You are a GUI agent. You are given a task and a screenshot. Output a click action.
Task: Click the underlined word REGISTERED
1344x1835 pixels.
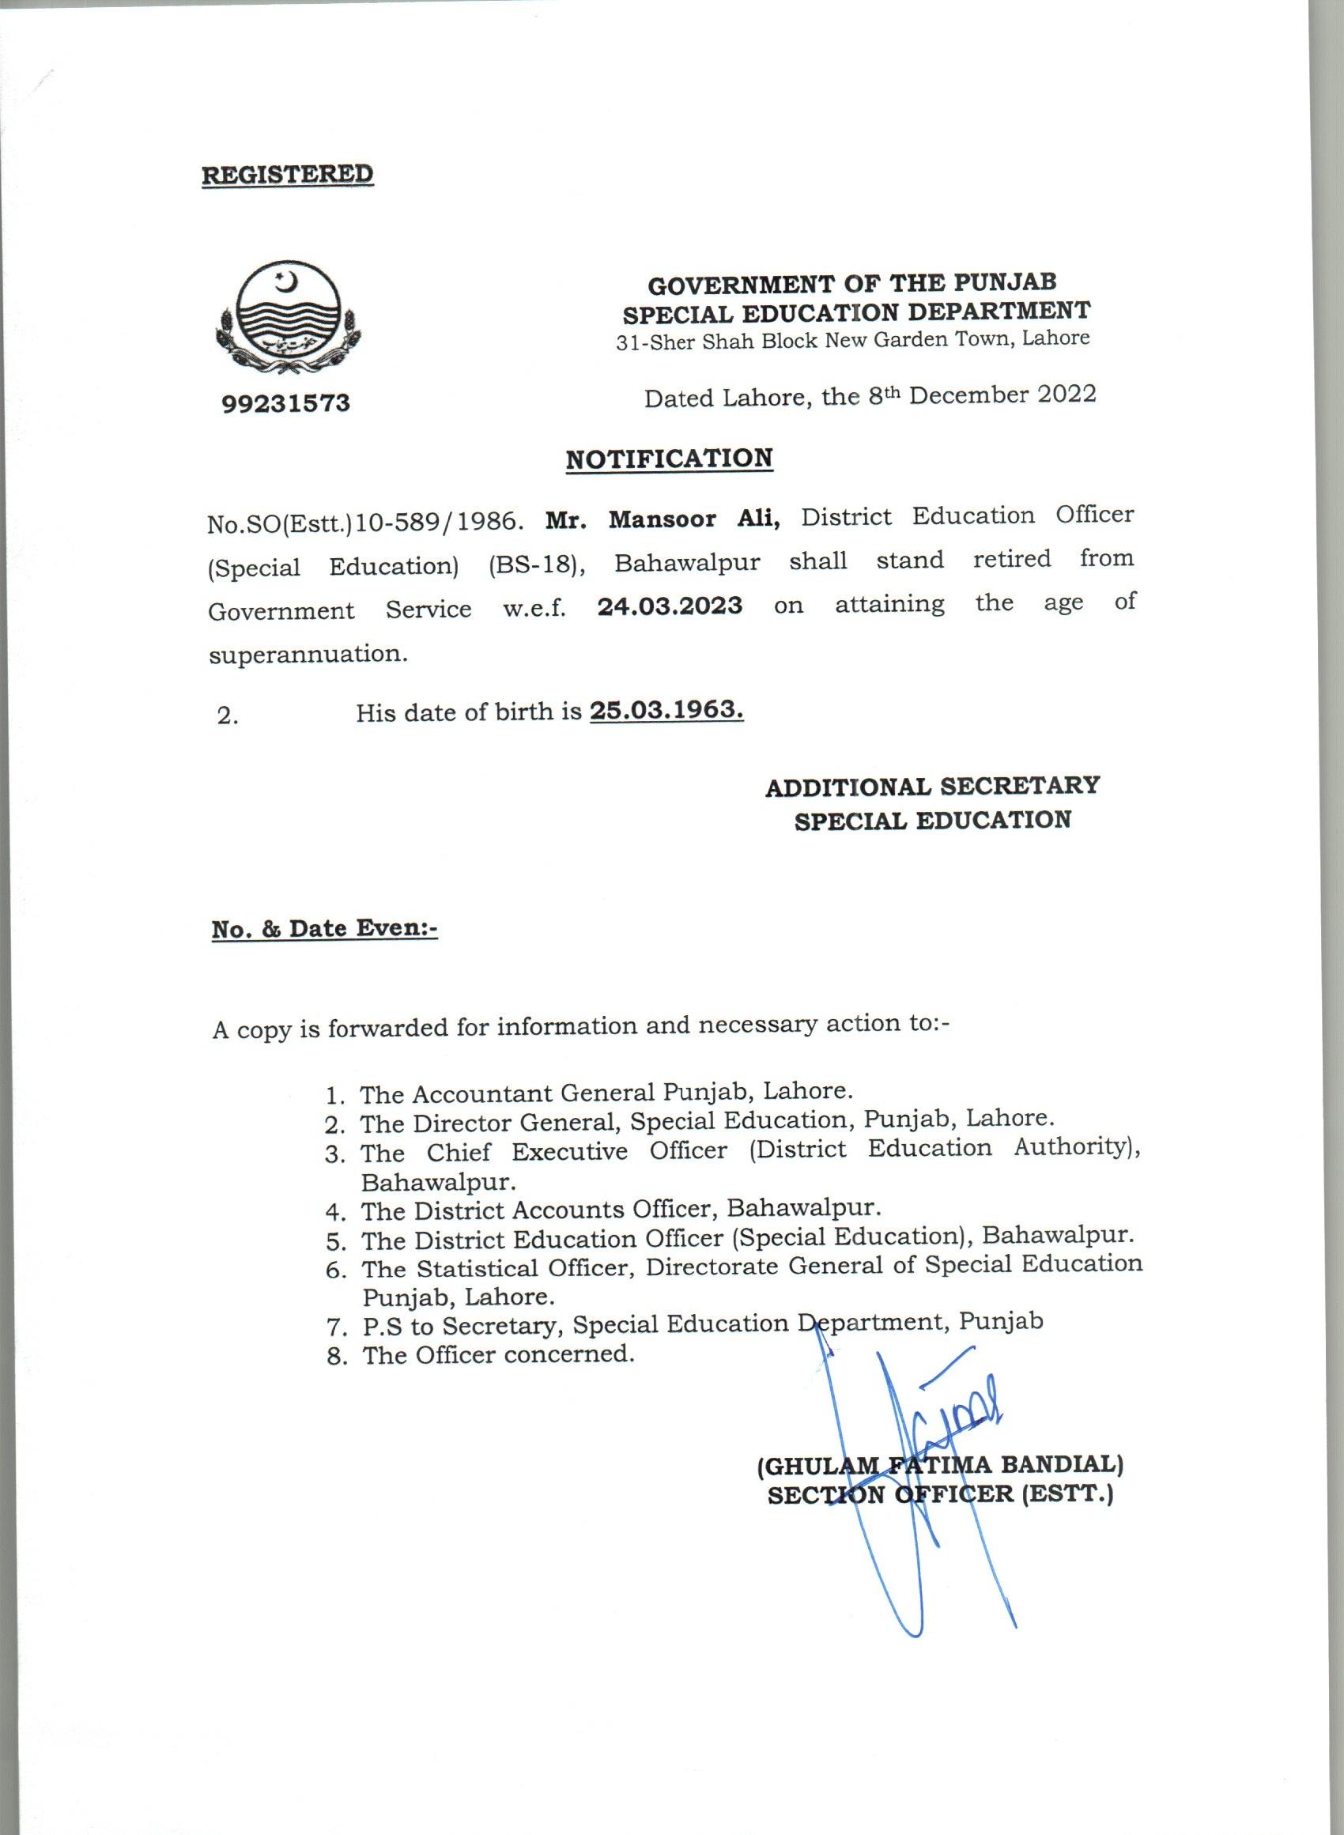tap(287, 174)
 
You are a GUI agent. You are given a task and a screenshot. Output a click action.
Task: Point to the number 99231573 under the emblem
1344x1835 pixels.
tap(285, 402)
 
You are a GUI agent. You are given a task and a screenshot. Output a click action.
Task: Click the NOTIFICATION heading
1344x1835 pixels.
tap(669, 458)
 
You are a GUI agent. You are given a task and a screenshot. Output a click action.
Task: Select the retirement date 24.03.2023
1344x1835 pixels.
tap(670, 606)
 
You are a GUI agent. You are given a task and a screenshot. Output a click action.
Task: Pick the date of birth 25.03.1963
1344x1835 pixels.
tap(666, 710)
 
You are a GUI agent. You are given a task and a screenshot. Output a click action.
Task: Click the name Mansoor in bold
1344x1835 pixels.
tap(663, 518)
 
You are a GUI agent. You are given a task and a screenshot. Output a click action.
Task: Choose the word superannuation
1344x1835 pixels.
tap(308, 654)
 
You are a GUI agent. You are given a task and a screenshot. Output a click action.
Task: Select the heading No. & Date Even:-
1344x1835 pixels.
tap(325, 929)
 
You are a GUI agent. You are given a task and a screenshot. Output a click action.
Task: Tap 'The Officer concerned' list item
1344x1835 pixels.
tap(498, 1354)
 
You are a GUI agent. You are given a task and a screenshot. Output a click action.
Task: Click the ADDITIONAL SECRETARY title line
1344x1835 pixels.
tap(932, 787)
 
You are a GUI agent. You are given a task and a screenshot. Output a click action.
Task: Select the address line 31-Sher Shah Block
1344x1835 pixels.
tap(851, 340)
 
